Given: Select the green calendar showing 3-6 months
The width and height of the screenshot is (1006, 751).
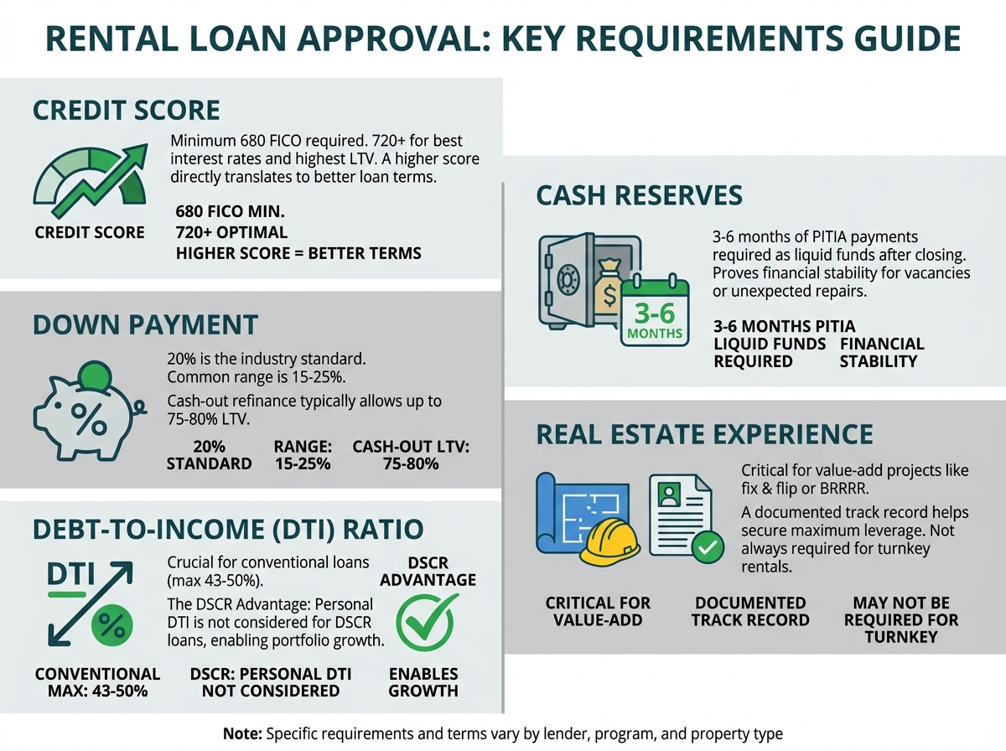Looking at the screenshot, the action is [x=655, y=310].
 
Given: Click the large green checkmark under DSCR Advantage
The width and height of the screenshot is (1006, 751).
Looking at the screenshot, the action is [x=428, y=621].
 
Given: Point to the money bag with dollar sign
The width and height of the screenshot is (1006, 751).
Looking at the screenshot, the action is [x=609, y=287].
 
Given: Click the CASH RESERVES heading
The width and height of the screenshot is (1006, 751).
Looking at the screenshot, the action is [x=639, y=195].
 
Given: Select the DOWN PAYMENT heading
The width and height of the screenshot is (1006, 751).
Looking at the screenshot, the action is [x=145, y=325].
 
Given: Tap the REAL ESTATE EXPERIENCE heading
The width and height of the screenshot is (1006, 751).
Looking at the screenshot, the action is [x=704, y=434].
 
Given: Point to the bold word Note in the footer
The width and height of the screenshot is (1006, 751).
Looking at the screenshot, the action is [x=242, y=733].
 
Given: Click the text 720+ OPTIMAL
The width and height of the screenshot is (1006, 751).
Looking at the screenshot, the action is [x=231, y=232].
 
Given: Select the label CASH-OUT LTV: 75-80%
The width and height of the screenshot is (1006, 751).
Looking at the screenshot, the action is [x=411, y=455].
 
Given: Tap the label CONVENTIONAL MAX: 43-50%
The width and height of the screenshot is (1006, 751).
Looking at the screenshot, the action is [x=97, y=682].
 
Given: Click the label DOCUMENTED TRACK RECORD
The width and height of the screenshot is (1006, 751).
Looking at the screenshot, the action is [x=750, y=611].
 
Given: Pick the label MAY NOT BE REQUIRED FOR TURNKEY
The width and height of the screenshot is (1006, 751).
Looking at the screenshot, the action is [x=901, y=619].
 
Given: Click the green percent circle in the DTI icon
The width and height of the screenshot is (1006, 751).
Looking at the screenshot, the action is [x=111, y=625].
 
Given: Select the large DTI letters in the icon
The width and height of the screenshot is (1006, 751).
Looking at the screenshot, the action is [x=71, y=573].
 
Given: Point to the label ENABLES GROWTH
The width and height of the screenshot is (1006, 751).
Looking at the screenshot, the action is [x=423, y=682].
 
